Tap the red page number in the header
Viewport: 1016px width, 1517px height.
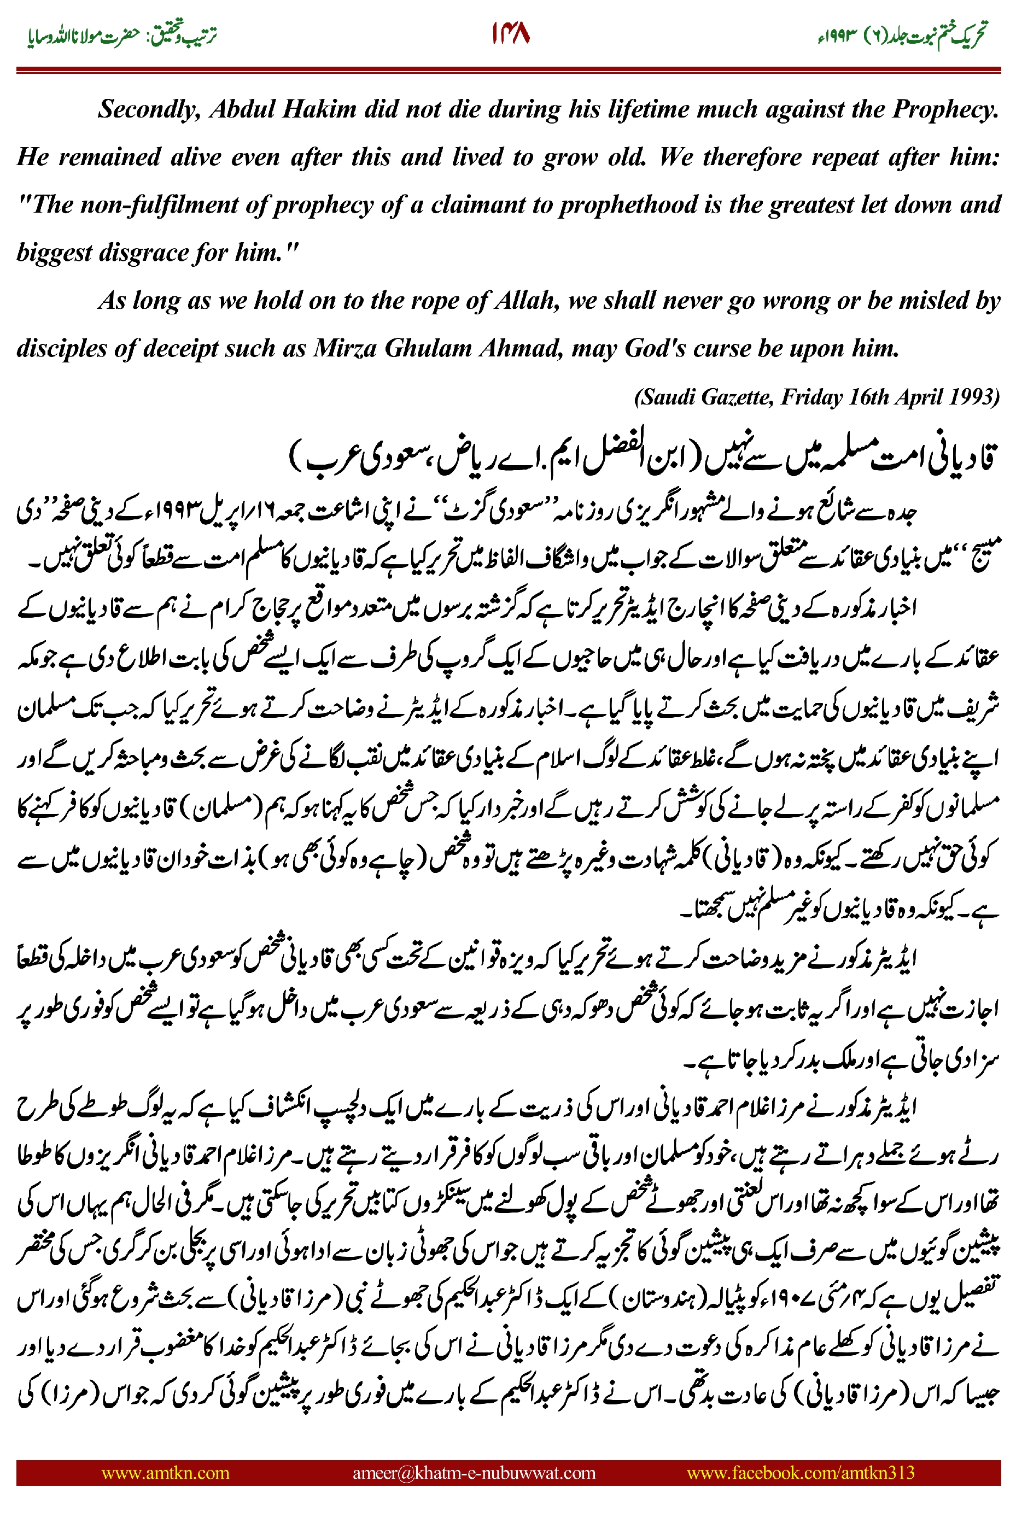tap(511, 34)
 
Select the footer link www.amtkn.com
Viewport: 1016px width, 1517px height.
tap(165, 1472)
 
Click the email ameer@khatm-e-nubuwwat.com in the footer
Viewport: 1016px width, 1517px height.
tap(474, 1472)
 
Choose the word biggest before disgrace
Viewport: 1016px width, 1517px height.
tap(55, 253)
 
